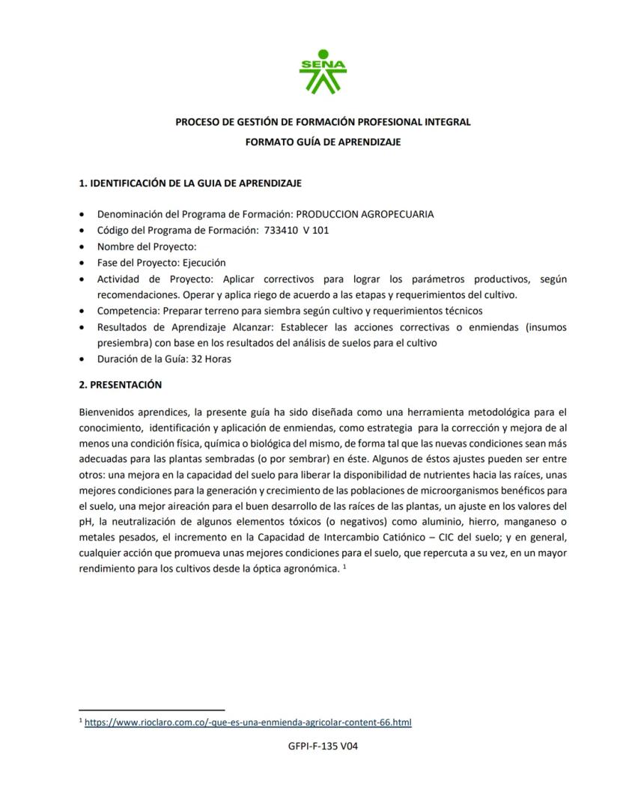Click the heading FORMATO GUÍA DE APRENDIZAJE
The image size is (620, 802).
click(323, 142)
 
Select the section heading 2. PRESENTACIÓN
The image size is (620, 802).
click(120, 385)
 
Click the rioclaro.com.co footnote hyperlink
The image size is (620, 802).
click(248, 723)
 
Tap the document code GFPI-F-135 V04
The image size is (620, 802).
click(323, 746)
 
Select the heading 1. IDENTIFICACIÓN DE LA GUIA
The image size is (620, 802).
click(190, 183)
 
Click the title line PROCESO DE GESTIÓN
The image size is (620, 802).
click(323, 121)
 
